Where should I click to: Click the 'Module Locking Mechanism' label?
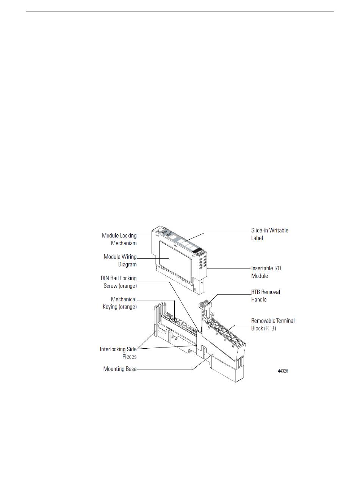(x=119, y=239)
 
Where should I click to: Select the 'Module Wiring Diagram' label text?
(x=120, y=260)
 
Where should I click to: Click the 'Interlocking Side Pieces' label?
(x=118, y=352)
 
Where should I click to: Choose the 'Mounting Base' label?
(x=120, y=369)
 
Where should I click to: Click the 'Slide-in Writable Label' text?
(x=269, y=234)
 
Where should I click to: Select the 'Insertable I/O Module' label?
(x=266, y=272)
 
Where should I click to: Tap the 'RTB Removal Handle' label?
(x=265, y=296)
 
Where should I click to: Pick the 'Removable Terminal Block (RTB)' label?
(x=273, y=324)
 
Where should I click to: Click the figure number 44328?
(x=283, y=371)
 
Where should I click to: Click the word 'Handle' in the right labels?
(x=259, y=299)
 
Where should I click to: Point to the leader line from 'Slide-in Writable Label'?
(x=227, y=232)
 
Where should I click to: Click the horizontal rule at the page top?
(x=180, y=12)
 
